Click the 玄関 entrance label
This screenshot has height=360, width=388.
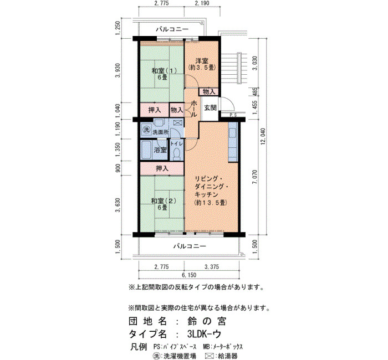(x=210, y=108)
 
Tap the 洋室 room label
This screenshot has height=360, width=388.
(x=202, y=60)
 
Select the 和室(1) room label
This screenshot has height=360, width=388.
(x=164, y=71)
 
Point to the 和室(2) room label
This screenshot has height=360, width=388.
(x=164, y=200)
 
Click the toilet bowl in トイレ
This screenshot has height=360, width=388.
(x=177, y=154)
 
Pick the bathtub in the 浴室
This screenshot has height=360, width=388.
(x=146, y=150)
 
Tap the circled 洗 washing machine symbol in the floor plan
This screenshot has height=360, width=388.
(x=146, y=129)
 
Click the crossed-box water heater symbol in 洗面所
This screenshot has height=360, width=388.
(x=177, y=122)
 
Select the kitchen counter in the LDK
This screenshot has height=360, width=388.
(x=233, y=142)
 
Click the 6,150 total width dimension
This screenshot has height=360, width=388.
(x=189, y=275)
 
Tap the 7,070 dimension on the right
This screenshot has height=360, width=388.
(x=254, y=177)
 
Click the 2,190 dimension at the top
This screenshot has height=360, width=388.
(x=202, y=3)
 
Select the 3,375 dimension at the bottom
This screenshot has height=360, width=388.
(x=212, y=267)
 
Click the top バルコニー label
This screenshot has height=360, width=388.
(x=172, y=29)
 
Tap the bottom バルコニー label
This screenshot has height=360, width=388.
(x=190, y=246)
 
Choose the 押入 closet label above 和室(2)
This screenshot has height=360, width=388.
(x=162, y=168)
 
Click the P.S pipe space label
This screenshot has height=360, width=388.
(x=233, y=115)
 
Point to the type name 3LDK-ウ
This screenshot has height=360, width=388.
(x=204, y=335)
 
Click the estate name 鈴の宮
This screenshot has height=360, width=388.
(x=207, y=321)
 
